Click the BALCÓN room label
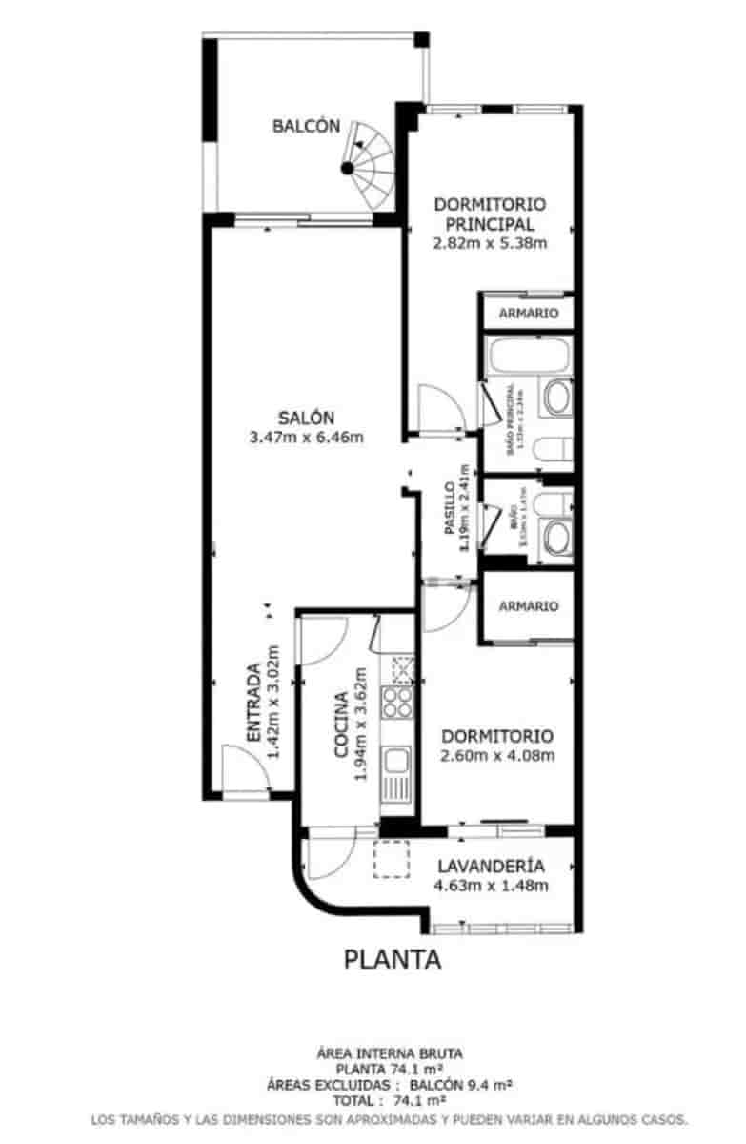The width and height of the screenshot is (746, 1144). tap(306, 125)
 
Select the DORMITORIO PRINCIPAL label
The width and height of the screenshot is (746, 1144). tap(489, 214)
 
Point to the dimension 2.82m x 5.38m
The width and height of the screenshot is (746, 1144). tap(489, 242)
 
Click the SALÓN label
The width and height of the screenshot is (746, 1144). tap(306, 418)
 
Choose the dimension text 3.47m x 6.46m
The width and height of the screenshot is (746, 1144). tap(306, 438)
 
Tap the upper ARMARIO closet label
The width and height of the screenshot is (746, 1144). tap(528, 313)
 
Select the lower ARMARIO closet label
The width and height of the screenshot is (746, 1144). tap(528, 606)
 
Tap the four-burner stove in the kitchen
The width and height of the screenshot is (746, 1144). tap(396, 704)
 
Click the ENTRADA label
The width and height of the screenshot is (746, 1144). tap(253, 703)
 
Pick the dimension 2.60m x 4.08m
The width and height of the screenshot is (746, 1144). tap(497, 757)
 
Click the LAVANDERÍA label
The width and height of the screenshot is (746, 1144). tap(491, 867)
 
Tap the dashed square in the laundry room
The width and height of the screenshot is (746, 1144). tap(390, 860)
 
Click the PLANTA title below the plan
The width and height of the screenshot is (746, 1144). tap(393, 959)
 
